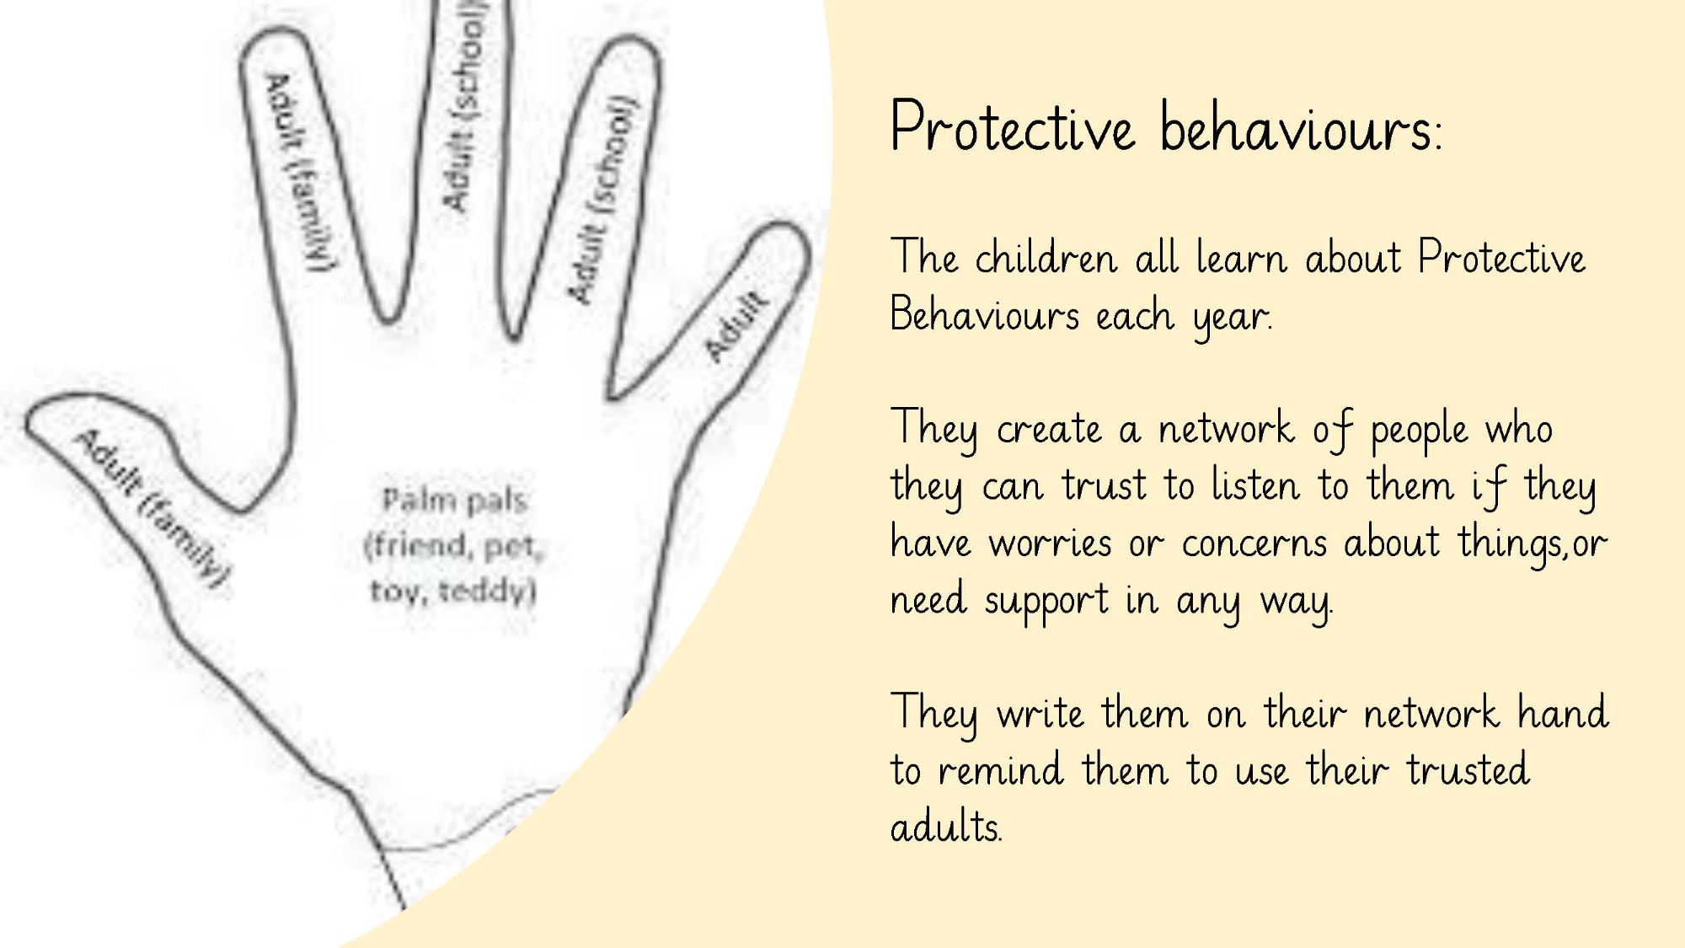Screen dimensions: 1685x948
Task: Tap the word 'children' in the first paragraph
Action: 1046,257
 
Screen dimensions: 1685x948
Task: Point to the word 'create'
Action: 1049,430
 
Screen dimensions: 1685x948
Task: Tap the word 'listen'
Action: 1255,485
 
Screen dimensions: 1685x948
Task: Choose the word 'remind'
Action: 1001,770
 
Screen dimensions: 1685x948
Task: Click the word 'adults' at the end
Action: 946,827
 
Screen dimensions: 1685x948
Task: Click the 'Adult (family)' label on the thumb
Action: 152,507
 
